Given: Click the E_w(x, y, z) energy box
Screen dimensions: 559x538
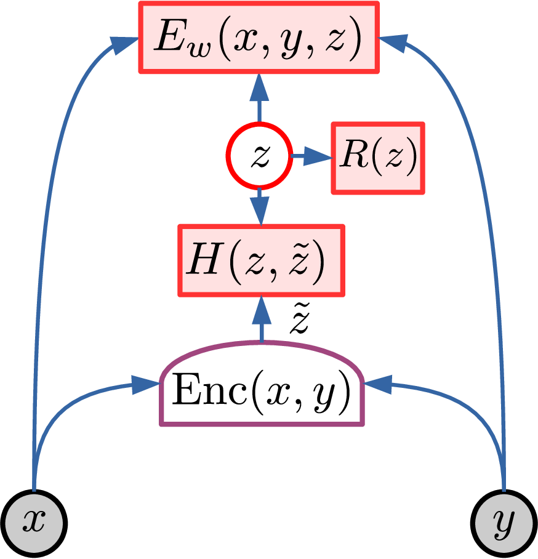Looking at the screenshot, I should (x=258, y=38).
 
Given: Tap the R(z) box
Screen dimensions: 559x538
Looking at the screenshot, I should (x=377, y=158).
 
